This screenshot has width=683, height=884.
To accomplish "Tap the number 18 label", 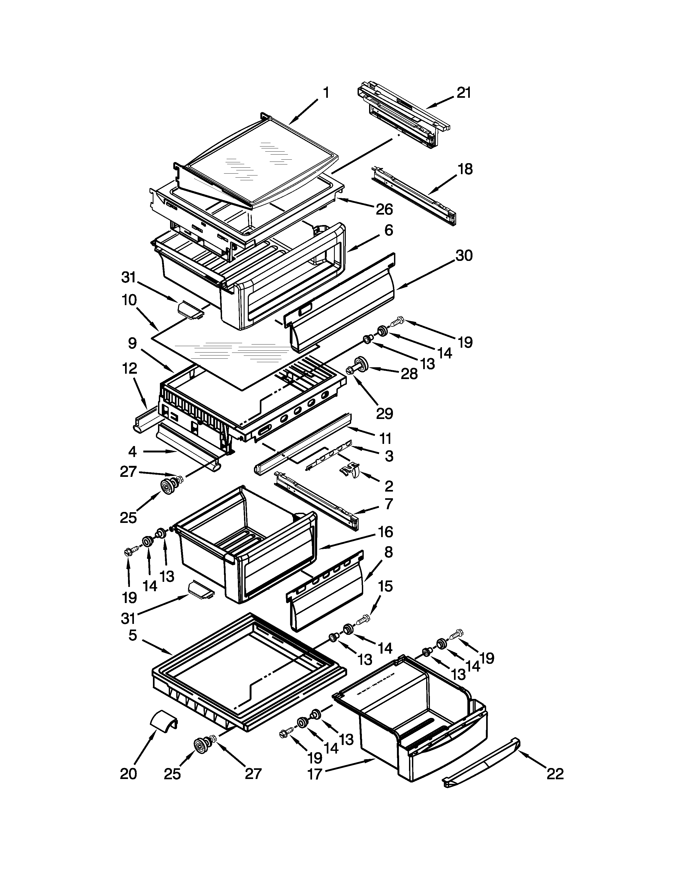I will pyautogui.click(x=465, y=169).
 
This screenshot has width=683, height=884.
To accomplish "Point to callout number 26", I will pyautogui.click(x=384, y=209).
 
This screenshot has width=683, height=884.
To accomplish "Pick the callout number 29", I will pyautogui.click(x=384, y=413).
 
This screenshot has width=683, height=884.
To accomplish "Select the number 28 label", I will pyautogui.click(x=409, y=374).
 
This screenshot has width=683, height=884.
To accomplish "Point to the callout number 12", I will pyautogui.click(x=129, y=368).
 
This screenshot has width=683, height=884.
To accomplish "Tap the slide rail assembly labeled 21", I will pyautogui.click(x=405, y=117).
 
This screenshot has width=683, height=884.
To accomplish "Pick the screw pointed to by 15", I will pyautogui.click(x=363, y=620).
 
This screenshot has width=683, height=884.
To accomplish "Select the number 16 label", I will pyautogui.click(x=386, y=531).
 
